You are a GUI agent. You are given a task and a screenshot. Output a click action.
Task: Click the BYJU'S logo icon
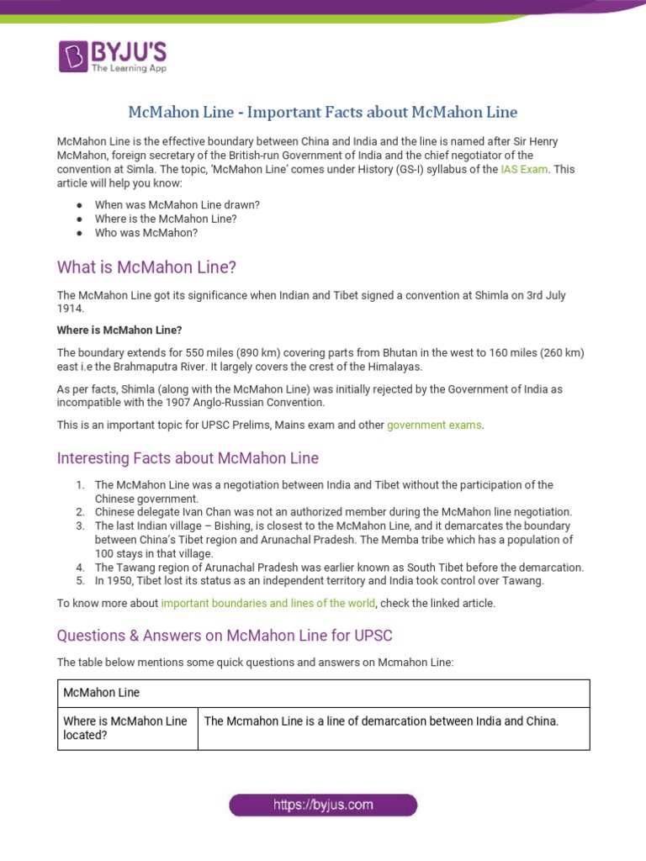72,56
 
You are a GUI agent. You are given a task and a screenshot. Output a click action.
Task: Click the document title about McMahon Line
322,112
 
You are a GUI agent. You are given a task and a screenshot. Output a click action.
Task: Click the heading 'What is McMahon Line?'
146,267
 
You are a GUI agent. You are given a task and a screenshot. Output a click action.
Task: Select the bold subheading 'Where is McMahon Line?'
119,330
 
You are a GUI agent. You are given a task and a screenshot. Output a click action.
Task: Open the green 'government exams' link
434,425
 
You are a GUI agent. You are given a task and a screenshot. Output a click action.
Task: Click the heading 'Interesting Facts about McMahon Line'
188,458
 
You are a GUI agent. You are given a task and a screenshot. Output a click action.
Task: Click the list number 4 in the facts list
81,568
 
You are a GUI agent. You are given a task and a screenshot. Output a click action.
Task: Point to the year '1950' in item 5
122,581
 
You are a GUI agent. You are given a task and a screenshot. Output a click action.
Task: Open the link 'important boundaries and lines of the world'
268,604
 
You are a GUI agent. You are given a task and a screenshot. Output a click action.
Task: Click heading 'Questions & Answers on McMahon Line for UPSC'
225,635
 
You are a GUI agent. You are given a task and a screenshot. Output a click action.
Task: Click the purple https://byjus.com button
323,806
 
